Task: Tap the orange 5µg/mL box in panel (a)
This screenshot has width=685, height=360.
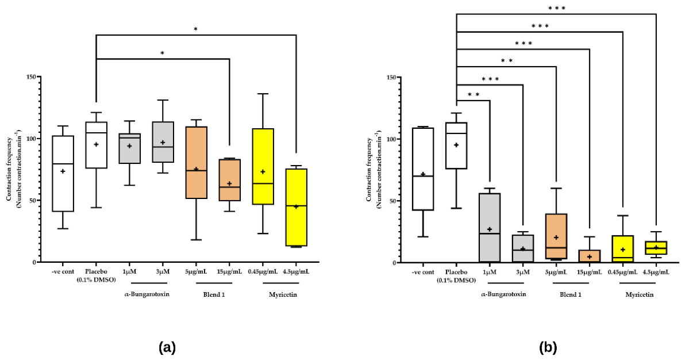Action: click(196, 162)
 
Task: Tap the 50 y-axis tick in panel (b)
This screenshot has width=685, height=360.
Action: click(395, 201)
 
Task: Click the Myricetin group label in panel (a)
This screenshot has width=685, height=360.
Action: click(283, 294)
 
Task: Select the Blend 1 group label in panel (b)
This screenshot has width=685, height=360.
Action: click(571, 294)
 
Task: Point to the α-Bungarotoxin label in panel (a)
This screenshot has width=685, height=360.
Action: click(147, 294)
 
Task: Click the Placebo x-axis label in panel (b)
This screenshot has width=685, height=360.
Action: click(456, 276)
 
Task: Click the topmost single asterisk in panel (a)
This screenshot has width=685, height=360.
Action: click(196, 29)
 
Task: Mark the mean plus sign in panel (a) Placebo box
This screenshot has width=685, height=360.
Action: click(96, 144)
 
